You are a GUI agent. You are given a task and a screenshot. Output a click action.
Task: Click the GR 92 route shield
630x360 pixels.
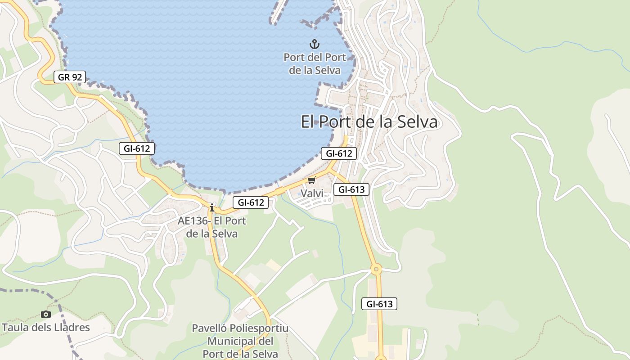click(x=70, y=77)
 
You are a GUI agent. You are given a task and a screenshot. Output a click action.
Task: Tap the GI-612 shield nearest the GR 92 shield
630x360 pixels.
click(x=137, y=148)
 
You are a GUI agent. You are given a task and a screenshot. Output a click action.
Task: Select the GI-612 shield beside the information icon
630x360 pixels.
click(x=251, y=202)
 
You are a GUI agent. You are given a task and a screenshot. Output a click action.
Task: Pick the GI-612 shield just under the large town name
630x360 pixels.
click(x=339, y=153)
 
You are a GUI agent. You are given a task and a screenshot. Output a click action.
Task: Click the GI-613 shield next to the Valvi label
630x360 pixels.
click(x=351, y=189)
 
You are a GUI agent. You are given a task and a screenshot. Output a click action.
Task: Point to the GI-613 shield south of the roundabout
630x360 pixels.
click(x=379, y=304)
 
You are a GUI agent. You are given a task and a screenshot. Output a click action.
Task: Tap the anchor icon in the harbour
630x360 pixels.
click(x=315, y=44)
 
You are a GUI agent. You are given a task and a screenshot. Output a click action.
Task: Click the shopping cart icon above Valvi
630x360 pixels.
click(x=311, y=180)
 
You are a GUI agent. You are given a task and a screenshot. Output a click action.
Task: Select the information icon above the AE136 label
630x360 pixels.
click(x=212, y=207)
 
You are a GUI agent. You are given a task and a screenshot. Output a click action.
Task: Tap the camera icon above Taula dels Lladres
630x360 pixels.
click(x=45, y=314)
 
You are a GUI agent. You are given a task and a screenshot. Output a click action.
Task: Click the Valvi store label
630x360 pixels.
click(x=312, y=193)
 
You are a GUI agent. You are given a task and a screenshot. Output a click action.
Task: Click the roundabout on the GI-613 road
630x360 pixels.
click(x=376, y=270)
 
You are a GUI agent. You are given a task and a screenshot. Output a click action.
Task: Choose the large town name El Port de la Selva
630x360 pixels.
click(x=369, y=122)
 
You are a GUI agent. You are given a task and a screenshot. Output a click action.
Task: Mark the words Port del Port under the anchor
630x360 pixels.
click(x=315, y=58)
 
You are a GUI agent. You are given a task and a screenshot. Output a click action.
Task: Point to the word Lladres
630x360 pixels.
click(x=72, y=327)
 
